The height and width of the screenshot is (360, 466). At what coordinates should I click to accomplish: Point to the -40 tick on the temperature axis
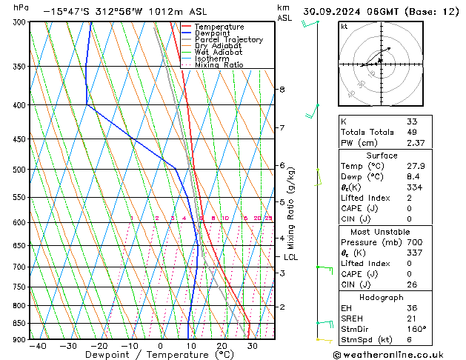coord(34,346)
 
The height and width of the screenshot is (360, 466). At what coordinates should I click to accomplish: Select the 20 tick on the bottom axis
coord(222,346)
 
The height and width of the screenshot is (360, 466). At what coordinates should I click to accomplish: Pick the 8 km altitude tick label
coord(282,90)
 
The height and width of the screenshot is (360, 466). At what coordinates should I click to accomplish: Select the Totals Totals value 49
coord(411,132)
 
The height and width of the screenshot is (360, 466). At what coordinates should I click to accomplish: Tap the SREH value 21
coord(411,319)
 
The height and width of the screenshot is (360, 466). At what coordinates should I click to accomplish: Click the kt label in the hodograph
coord(344,27)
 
